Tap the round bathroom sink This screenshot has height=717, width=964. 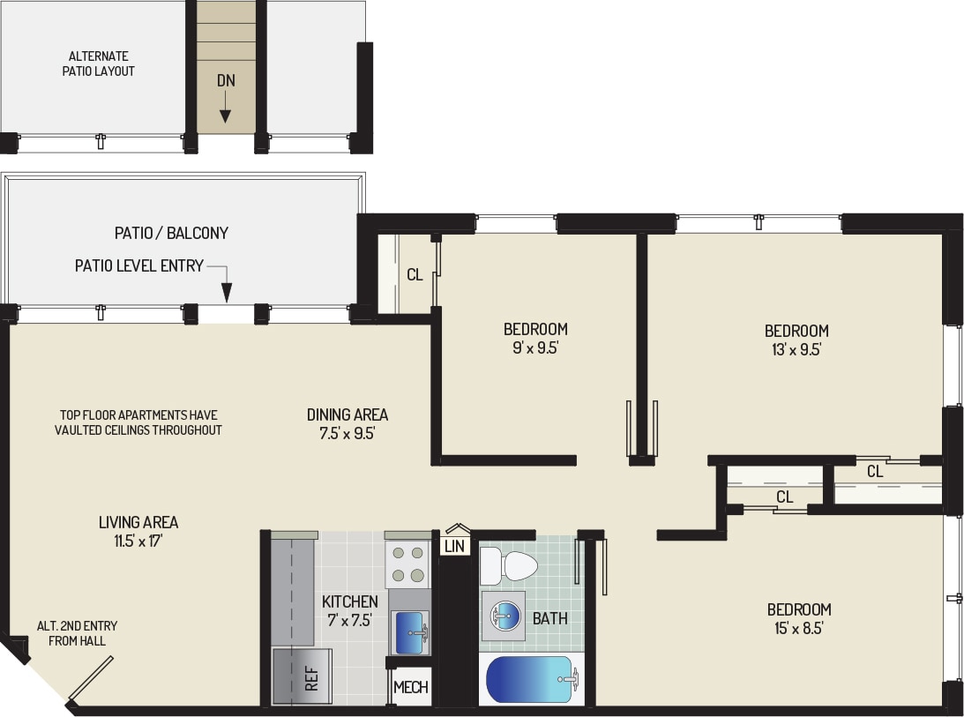503,616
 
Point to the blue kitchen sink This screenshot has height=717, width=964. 410,633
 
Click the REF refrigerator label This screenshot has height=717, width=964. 310,676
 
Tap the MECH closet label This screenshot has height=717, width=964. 410,687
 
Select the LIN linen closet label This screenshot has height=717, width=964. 454,547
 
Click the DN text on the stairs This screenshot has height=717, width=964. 226,80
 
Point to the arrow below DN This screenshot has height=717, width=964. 226,110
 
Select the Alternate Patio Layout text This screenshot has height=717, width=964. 98,63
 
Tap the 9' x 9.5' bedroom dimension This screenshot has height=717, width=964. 534,348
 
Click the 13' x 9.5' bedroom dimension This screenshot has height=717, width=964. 796,349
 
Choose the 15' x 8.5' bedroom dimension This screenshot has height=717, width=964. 798,628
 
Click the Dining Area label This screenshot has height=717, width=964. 347,415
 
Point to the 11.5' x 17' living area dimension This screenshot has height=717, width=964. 138,541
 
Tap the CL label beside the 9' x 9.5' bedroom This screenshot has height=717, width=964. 415,274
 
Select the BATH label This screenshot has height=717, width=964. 549,618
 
